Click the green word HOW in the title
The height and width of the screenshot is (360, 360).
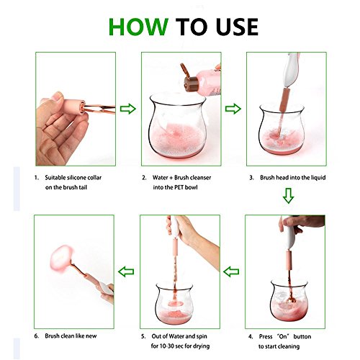point(138,27)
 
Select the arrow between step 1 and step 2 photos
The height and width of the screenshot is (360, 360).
point(128,109)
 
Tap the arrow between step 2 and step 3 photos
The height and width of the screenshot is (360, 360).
point(233,109)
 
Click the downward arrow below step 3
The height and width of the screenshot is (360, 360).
point(288,196)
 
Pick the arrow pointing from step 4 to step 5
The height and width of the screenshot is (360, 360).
point(231,271)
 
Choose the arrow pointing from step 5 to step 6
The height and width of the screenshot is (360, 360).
point(126,271)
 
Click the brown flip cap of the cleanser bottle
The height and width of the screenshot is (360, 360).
point(189,77)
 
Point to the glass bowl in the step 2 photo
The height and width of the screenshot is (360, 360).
point(178,126)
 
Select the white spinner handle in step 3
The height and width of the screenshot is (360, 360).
point(289,70)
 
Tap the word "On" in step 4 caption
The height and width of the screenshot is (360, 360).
point(283,336)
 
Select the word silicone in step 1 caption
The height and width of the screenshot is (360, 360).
point(76,178)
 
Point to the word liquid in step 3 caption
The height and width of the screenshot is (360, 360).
point(318,178)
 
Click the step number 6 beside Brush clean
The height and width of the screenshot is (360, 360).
point(36,336)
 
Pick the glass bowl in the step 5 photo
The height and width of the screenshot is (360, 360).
point(174,304)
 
